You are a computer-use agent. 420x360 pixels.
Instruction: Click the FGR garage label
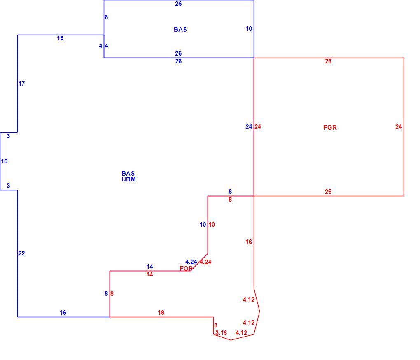(330, 128)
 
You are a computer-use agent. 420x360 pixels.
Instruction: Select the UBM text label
(128, 179)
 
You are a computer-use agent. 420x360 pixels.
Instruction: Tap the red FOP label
(186, 269)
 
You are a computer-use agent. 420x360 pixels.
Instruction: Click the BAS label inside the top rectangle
(180, 30)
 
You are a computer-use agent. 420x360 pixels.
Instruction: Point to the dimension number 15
(60, 38)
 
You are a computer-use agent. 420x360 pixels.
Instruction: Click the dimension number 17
(21, 84)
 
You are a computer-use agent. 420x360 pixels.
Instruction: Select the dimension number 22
(21, 253)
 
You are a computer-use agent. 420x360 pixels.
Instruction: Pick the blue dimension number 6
(106, 17)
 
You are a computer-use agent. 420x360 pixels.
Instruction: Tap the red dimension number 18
(161, 313)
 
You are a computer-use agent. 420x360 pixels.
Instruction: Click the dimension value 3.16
(221, 333)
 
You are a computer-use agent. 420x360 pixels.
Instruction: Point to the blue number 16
(63, 313)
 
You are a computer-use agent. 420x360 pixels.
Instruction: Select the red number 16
(249, 242)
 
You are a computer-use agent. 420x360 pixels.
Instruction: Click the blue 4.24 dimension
(191, 262)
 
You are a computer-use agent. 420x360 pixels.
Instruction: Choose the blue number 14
(150, 267)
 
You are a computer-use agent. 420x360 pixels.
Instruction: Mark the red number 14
(150, 274)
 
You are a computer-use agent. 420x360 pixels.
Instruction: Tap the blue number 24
(249, 127)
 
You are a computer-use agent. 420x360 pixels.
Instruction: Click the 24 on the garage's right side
(399, 127)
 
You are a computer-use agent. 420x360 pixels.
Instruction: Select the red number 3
(216, 325)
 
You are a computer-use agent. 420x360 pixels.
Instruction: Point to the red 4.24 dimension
(205, 262)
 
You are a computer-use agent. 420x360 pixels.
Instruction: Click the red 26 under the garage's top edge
(328, 61)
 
